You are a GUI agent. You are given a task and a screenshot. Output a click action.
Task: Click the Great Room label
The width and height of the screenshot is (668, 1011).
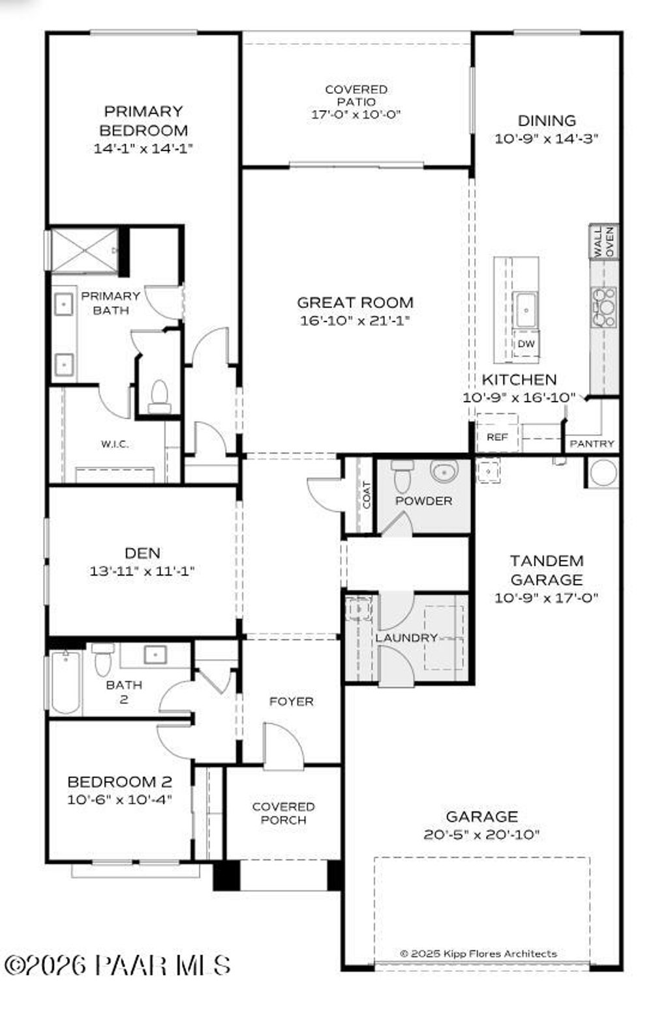click(x=355, y=302)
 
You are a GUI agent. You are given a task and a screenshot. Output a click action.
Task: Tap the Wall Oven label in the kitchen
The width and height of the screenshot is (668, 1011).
click(x=603, y=242)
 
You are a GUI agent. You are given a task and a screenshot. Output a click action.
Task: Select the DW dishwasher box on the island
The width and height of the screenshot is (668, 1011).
click(x=526, y=344)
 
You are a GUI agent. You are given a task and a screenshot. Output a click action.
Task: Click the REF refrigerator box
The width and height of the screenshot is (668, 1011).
click(x=497, y=437)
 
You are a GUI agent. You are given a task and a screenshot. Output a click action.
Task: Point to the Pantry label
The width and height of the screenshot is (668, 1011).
click(x=592, y=444)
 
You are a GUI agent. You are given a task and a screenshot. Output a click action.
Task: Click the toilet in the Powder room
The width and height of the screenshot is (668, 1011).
click(x=402, y=476)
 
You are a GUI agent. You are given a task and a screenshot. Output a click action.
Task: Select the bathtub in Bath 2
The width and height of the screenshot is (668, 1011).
click(x=65, y=682)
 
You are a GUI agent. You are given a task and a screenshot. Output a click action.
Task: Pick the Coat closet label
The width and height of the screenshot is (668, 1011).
click(x=367, y=495)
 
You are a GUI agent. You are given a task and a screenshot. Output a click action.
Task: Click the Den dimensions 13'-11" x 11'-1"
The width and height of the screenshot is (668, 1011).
click(x=142, y=572)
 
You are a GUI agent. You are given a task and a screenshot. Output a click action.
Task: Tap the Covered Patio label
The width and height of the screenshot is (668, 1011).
click(x=356, y=95)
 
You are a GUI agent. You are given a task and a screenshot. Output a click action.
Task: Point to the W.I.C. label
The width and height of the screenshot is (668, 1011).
click(x=115, y=445)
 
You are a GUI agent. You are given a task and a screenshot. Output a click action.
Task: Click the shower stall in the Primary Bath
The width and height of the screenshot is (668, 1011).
click(x=84, y=250)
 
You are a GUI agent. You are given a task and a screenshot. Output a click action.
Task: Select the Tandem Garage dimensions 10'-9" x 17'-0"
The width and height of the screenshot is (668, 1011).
click(x=547, y=598)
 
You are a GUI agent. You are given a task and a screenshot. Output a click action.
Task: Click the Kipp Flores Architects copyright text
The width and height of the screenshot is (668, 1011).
click(x=479, y=954)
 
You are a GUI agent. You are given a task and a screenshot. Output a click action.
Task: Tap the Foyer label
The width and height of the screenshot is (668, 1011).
click(x=292, y=701)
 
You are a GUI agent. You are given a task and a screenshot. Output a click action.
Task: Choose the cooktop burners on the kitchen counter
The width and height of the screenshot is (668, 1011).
click(x=604, y=307)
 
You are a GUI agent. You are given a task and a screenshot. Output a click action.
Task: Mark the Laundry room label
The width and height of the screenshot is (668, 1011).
click(x=406, y=637)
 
